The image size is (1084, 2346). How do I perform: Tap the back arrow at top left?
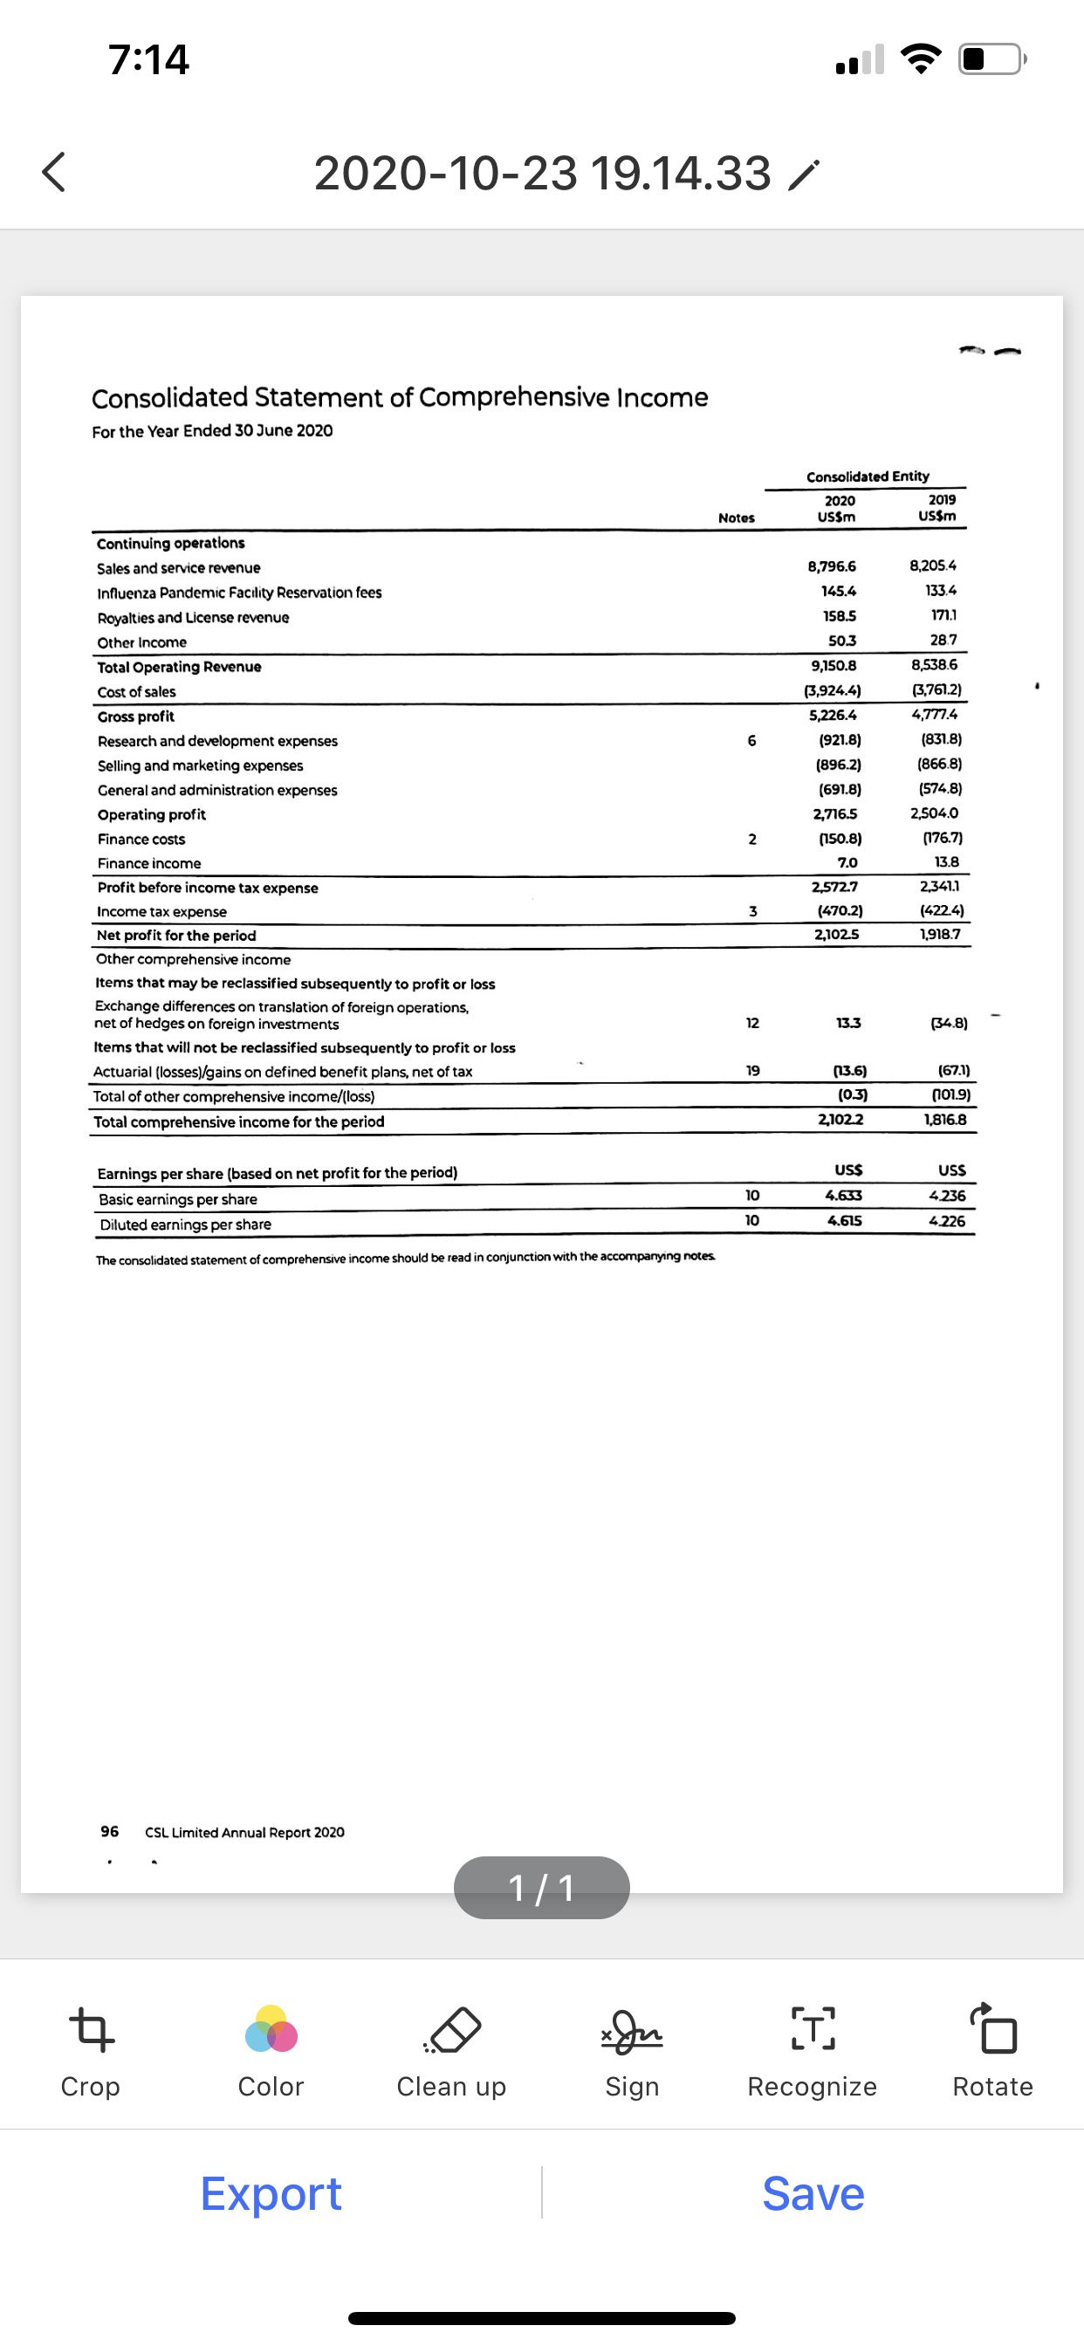click(55, 172)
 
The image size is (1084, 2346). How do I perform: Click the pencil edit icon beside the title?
click(804, 174)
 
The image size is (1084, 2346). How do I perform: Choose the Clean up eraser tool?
click(452, 2031)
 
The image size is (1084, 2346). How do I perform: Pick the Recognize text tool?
click(812, 2031)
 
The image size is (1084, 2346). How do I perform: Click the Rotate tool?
click(992, 2031)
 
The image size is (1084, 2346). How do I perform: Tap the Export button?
click(271, 2193)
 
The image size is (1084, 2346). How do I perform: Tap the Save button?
click(813, 2193)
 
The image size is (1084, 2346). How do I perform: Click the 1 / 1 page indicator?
click(541, 1888)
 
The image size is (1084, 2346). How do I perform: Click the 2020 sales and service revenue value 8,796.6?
click(831, 566)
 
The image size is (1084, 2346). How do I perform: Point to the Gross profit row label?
click(136, 717)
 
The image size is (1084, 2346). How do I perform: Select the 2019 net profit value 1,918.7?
click(939, 934)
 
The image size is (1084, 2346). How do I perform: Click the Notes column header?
click(736, 518)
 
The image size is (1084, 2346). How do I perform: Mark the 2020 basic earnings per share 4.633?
click(843, 1195)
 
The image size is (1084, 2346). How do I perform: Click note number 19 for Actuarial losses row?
click(752, 1071)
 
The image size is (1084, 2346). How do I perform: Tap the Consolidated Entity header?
click(868, 477)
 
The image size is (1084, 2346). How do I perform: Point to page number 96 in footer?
click(109, 1830)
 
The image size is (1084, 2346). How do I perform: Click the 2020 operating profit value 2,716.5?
click(834, 814)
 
